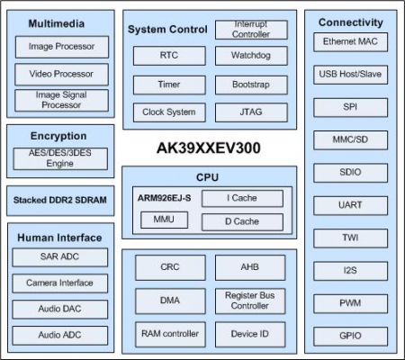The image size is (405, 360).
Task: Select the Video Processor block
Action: (x=60, y=74)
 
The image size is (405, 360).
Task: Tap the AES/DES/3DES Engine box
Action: (x=60, y=159)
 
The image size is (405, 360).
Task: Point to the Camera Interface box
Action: (x=60, y=283)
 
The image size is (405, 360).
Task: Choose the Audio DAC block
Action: (x=60, y=310)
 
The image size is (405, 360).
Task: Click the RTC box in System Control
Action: (x=169, y=56)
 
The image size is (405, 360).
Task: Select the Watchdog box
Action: (x=251, y=56)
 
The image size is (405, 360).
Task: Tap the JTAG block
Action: (x=251, y=112)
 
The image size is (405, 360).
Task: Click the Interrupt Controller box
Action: (x=251, y=29)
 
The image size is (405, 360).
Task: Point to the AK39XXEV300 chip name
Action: (x=210, y=147)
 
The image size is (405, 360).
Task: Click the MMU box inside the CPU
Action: (x=164, y=220)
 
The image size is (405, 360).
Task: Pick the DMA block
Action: (x=169, y=299)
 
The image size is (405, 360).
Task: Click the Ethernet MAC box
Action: (x=350, y=42)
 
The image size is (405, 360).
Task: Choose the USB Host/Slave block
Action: (x=350, y=75)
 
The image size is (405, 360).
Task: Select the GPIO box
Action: (x=350, y=336)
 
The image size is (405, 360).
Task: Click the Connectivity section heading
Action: (x=350, y=22)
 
